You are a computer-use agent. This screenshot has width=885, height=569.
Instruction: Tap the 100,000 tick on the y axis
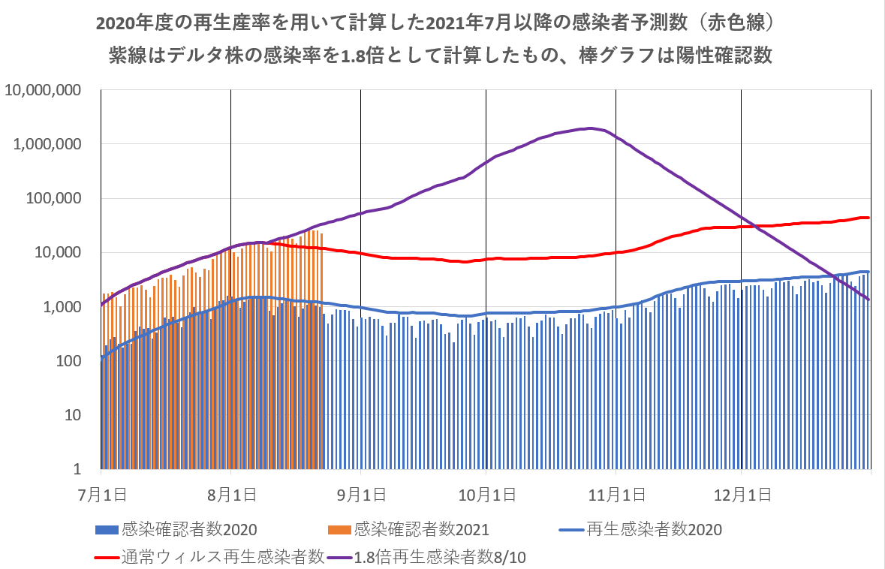click(x=55, y=198)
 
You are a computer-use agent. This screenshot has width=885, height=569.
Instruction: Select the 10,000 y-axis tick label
click(x=59, y=252)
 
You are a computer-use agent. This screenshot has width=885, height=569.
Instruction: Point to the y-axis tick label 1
click(x=84, y=469)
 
